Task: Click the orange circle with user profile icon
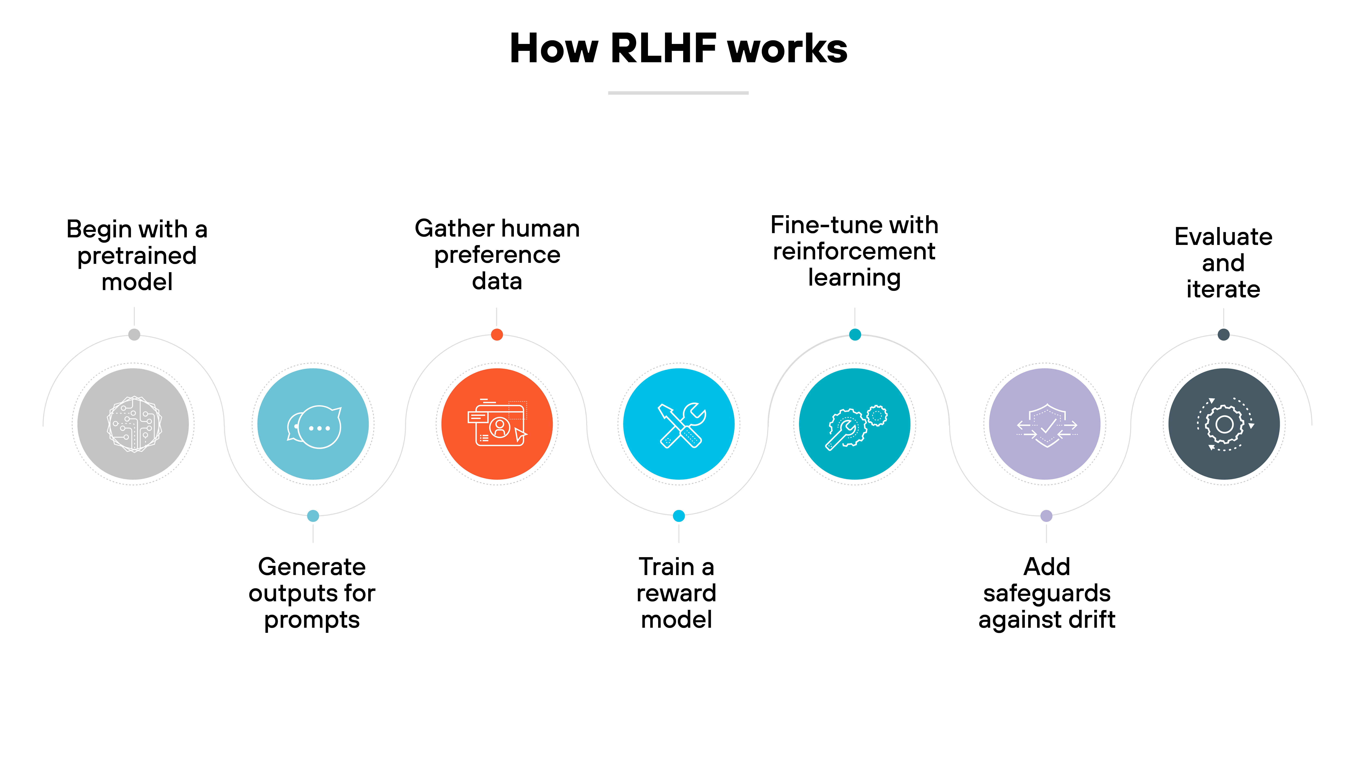(497, 424)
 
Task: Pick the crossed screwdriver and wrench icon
(679, 424)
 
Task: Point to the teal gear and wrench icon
(855, 424)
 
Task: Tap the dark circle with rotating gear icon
(1224, 424)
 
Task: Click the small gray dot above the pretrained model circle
(134, 334)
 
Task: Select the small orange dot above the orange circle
(497, 334)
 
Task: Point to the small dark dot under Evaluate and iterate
(1224, 334)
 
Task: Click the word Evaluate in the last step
(1223, 237)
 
